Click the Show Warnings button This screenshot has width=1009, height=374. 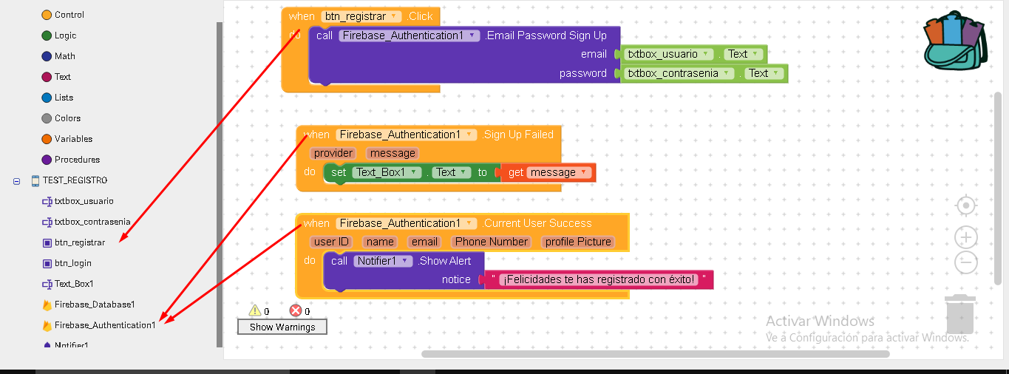click(x=282, y=327)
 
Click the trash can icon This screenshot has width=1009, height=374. click(x=959, y=314)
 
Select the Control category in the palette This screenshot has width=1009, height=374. click(x=69, y=15)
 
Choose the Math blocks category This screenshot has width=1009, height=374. click(x=64, y=56)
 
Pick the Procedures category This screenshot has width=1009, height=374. click(x=76, y=160)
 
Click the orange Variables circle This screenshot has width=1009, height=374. click(x=47, y=139)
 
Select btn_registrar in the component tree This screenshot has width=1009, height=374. click(x=79, y=242)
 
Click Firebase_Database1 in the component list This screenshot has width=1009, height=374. click(x=94, y=305)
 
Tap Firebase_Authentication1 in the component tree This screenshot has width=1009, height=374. click(x=104, y=325)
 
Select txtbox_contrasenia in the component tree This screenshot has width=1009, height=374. click(x=92, y=222)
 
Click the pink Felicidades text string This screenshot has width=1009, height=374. click(x=598, y=279)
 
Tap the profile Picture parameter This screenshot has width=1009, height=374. click(x=578, y=242)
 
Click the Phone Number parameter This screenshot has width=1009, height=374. click(x=492, y=242)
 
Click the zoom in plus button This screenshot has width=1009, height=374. click(x=966, y=237)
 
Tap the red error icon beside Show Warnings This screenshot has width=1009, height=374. click(x=296, y=311)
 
